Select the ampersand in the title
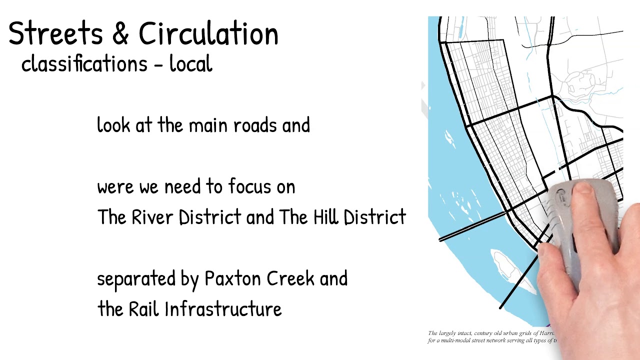120,34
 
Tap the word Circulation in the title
208,34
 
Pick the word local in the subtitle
191,64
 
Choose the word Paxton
233,278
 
